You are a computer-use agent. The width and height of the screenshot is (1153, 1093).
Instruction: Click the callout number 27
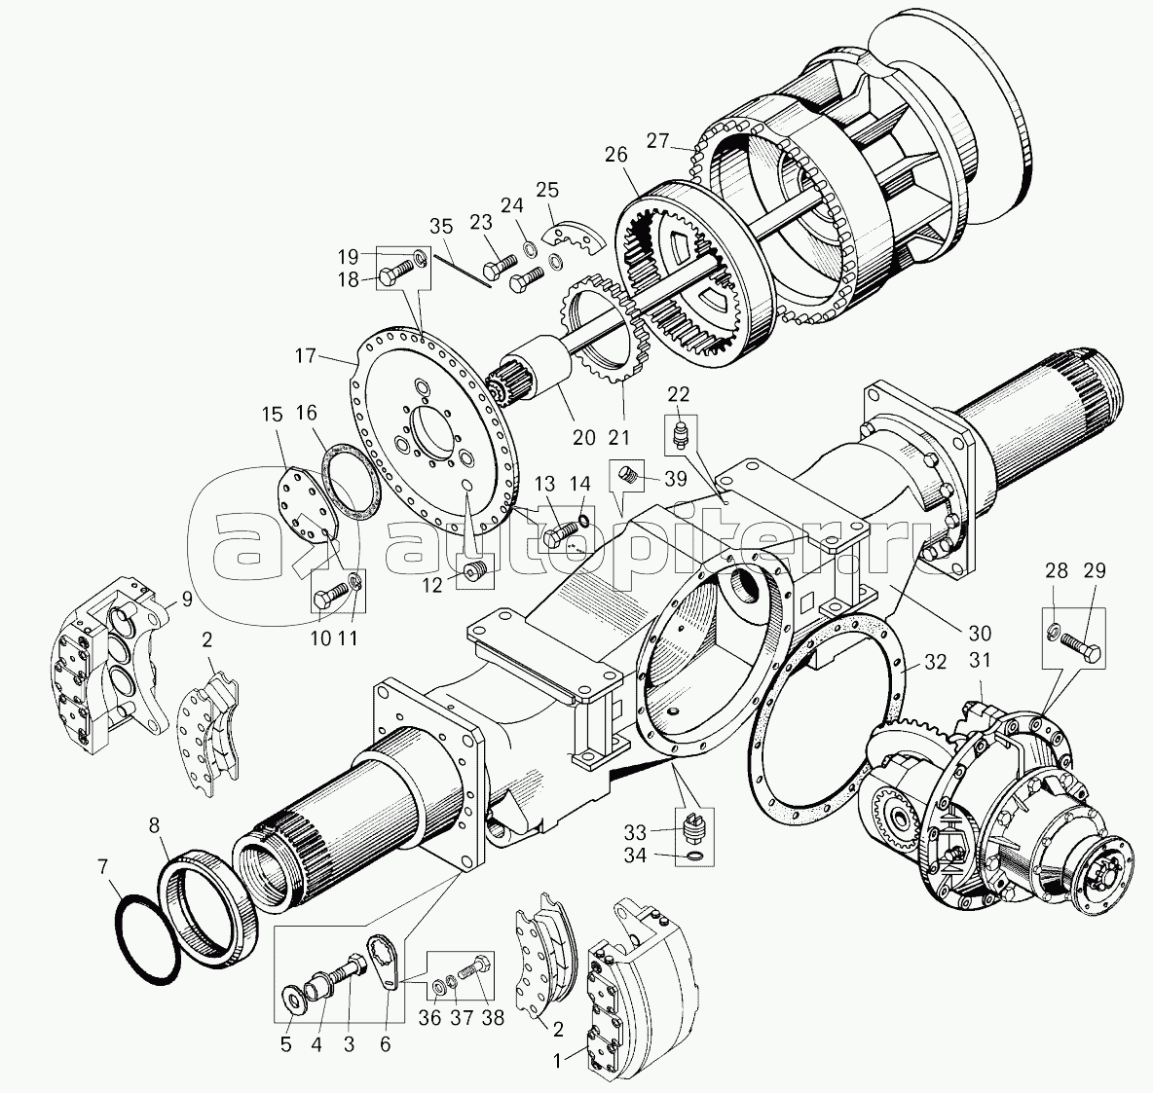coord(658,140)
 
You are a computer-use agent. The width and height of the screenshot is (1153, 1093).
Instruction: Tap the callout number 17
coord(305,356)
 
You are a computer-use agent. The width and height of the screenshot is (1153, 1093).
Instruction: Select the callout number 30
coord(981,633)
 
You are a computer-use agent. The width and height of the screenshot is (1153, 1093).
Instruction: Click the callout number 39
coord(675,479)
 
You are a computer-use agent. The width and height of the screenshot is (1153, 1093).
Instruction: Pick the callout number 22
coord(679,395)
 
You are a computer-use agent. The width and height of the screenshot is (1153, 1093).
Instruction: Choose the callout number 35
coord(442,227)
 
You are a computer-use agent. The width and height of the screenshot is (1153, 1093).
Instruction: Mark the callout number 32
coord(935,662)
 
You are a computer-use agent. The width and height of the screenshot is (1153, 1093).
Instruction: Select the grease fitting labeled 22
coord(681,435)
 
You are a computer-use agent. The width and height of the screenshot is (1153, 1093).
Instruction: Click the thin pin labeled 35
coord(462,270)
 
